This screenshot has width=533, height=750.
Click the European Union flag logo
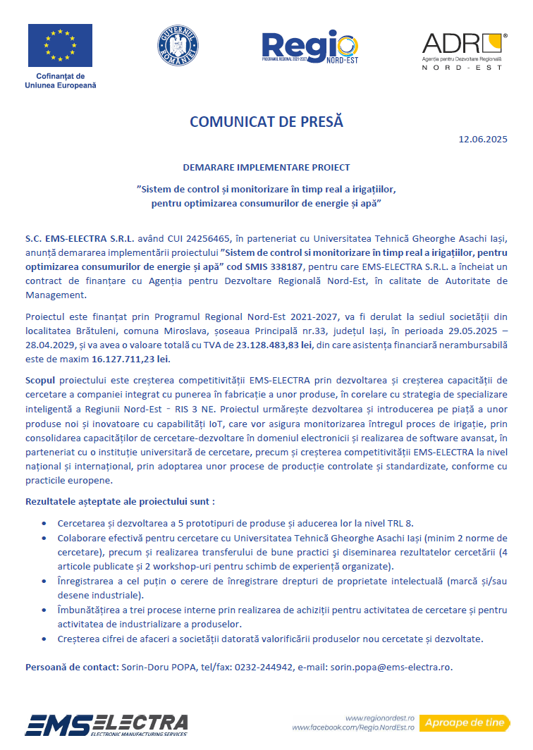[x=60, y=46]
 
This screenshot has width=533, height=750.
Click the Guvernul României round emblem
[x=178, y=47]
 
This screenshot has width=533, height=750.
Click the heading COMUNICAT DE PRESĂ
[x=266, y=121]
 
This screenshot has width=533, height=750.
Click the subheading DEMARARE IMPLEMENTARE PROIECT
[x=266, y=168]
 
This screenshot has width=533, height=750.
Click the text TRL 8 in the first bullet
[x=398, y=523]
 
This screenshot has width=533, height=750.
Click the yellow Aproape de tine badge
[x=465, y=723]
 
